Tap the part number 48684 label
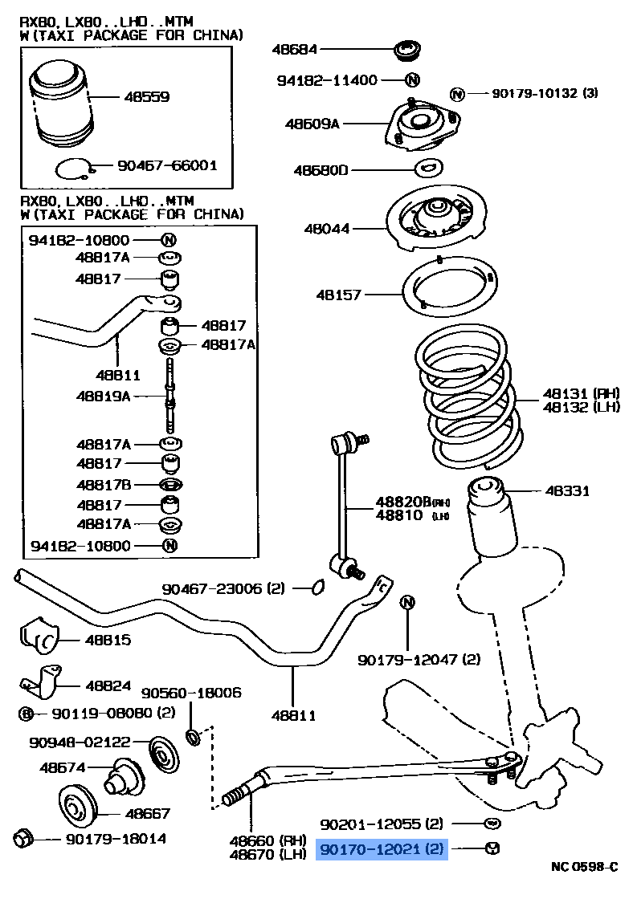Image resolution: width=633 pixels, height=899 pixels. [x=295, y=50]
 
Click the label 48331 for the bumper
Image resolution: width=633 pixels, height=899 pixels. [x=567, y=490]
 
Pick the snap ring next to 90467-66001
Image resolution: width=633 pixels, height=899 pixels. [x=75, y=169]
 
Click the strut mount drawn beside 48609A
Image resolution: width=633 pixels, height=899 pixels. [x=423, y=126]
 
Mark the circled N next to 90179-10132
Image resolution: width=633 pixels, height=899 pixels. [x=456, y=94]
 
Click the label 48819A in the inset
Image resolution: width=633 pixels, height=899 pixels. [x=103, y=396]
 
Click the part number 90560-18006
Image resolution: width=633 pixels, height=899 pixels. [x=191, y=693]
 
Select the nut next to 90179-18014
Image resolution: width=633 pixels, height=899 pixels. [x=24, y=839]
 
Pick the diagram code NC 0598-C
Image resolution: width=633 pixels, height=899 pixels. [x=584, y=867]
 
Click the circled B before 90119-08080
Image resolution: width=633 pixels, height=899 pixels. [x=26, y=713]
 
